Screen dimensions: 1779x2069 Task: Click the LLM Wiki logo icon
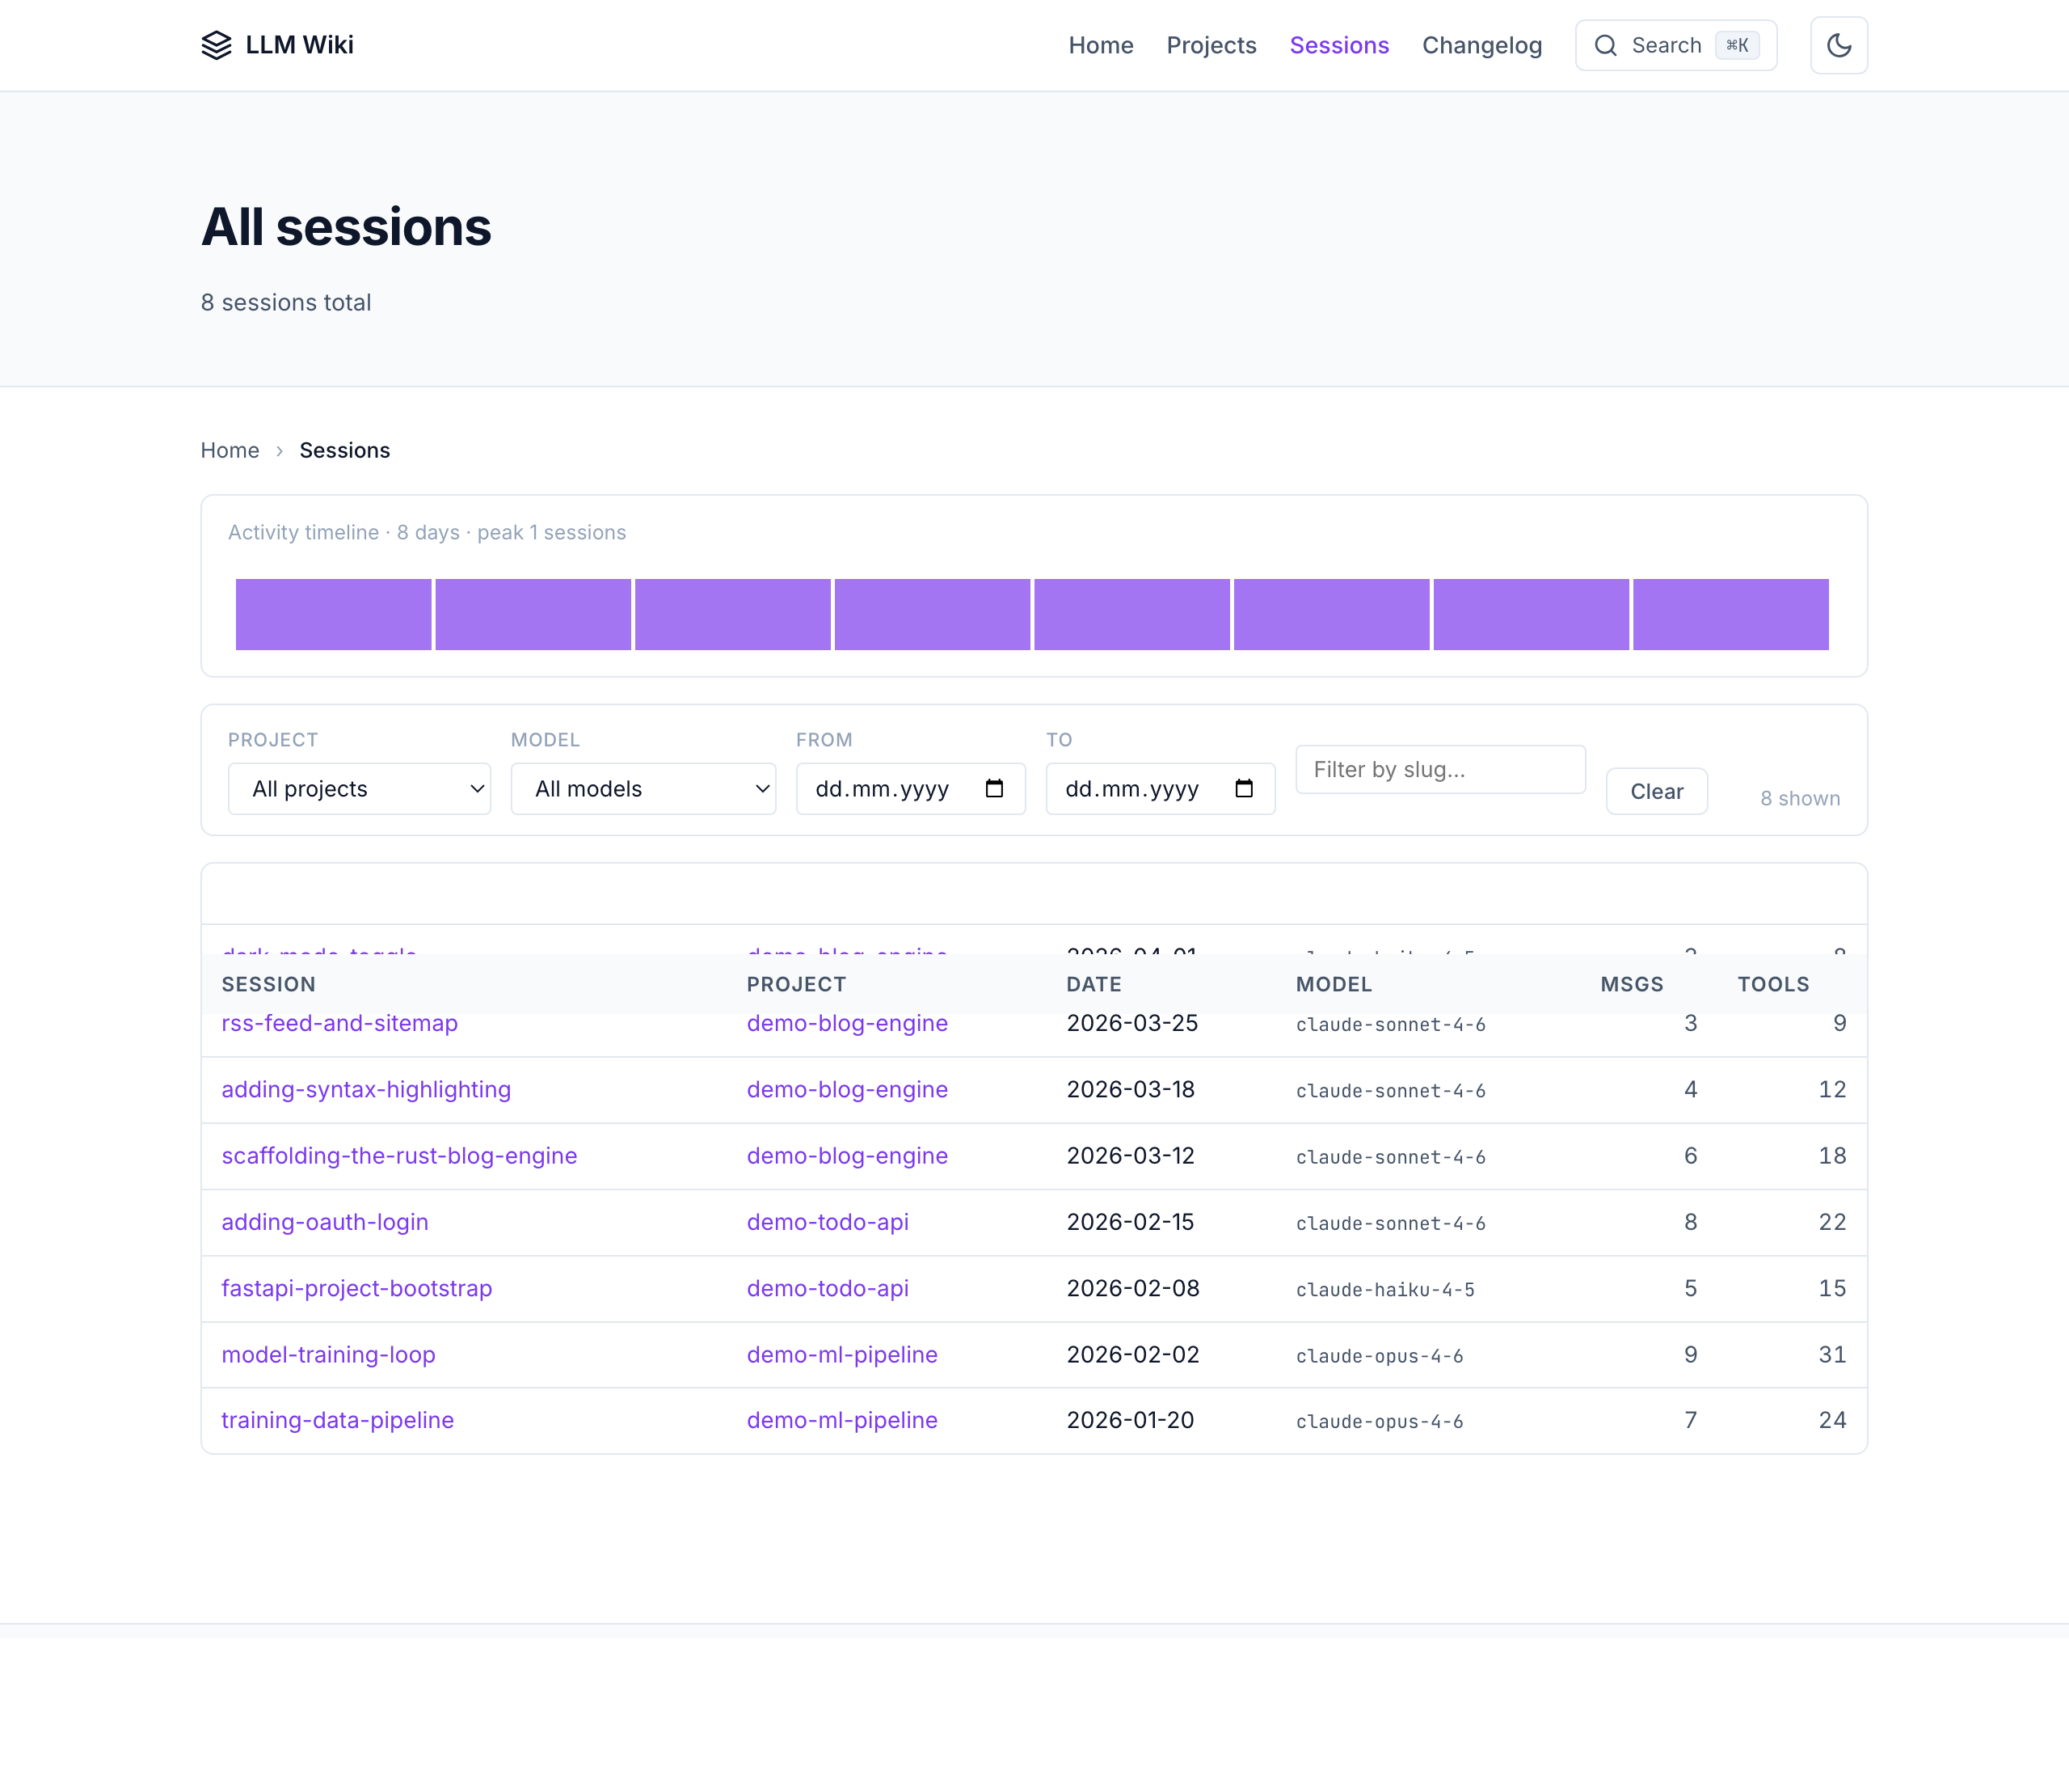tap(216, 46)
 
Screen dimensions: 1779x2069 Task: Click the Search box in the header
tap(1675, 46)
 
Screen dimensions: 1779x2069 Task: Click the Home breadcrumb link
tap(230, 450)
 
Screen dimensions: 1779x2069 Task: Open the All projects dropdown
tap(360, 789)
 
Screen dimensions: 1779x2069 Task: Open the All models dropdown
tap(643, 789)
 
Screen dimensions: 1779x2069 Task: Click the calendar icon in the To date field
tap(1244, 789)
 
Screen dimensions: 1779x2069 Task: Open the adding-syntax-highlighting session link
tap(366, 1090)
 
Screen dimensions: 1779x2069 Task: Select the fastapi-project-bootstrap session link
tap(356, 1288)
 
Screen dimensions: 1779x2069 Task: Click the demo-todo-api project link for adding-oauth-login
tap(828, 1223)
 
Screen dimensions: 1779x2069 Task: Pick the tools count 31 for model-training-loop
tap(1831, 1354)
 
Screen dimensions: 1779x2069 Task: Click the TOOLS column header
tap(1773, 985)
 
